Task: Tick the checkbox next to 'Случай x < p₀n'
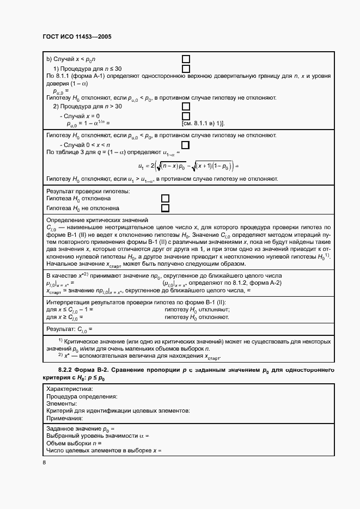coord(186,59)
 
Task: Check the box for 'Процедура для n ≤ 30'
coord(186,69)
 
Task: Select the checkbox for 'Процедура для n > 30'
coord(186,106)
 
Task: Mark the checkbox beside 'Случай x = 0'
coord(186,116)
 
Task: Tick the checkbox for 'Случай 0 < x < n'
coord(186,144)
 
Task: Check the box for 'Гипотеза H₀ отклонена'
coord(165,199)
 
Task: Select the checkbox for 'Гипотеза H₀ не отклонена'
coord(165,208)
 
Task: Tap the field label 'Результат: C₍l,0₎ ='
coord(71,329)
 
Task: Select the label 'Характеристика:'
coord(70,389)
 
